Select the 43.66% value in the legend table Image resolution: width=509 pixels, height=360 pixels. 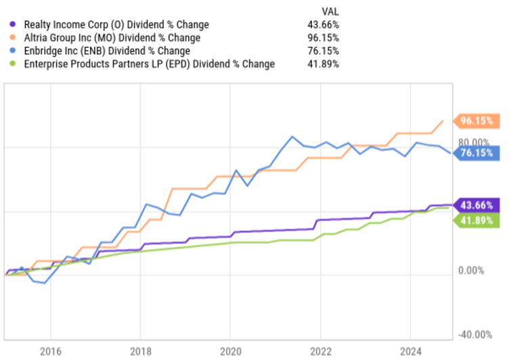click(324, 25)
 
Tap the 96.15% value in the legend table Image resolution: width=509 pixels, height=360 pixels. click(324, 38)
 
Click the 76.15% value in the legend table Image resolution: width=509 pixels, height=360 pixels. click(324, 51)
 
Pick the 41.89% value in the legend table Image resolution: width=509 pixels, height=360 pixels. click(324, 64)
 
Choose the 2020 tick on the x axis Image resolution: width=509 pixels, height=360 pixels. click(230, 351)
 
